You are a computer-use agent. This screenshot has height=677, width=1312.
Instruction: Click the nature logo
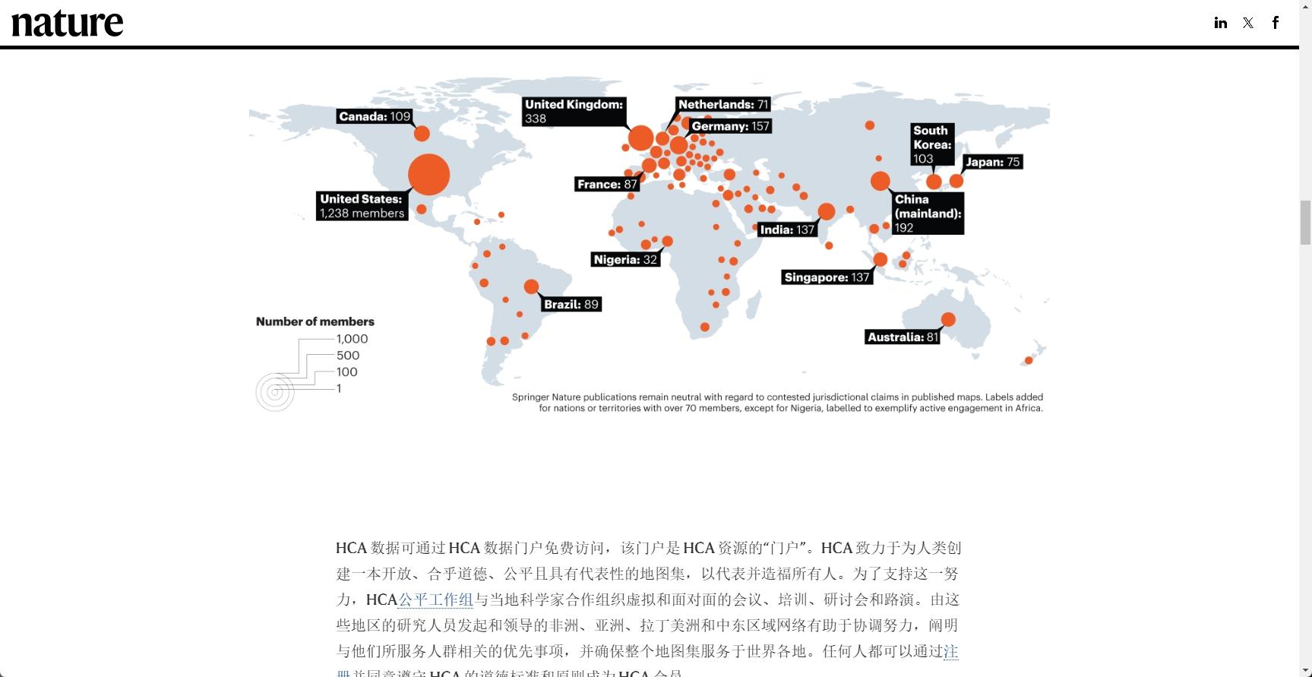(67, 23)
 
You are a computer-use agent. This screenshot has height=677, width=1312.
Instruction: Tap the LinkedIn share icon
(1220, 23)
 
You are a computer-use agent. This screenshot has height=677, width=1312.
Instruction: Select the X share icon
(1248, 23)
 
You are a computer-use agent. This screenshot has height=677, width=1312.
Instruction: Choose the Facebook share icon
(1276, 23)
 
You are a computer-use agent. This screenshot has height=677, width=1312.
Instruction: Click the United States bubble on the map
(428, 175)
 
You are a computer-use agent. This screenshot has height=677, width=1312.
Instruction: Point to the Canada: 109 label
(375, 116)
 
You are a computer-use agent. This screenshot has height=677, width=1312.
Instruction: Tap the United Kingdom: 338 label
(574, 111)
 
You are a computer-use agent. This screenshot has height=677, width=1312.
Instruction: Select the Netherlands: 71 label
(723, 104)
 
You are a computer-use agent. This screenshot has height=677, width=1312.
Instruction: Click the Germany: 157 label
(730, 126)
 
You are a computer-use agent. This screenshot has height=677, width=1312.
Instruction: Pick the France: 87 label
(607, 184)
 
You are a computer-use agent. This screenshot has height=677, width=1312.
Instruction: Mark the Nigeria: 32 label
(625, 259)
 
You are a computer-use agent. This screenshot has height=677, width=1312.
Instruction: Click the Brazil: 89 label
(571, 304)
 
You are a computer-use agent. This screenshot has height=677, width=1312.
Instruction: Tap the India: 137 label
(787, 229)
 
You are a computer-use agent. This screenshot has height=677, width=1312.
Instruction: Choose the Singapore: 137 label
(827, 277)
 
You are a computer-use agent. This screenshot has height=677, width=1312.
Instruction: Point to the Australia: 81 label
(903, 337)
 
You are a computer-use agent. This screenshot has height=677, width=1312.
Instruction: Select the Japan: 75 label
(992, 162)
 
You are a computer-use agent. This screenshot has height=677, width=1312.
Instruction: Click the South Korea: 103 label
(932, 144)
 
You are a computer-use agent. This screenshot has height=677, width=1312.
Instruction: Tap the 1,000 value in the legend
(352, 339)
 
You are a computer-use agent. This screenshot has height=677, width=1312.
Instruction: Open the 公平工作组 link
(435, 599)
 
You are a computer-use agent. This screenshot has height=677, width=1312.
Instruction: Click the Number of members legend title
(315, 321)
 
